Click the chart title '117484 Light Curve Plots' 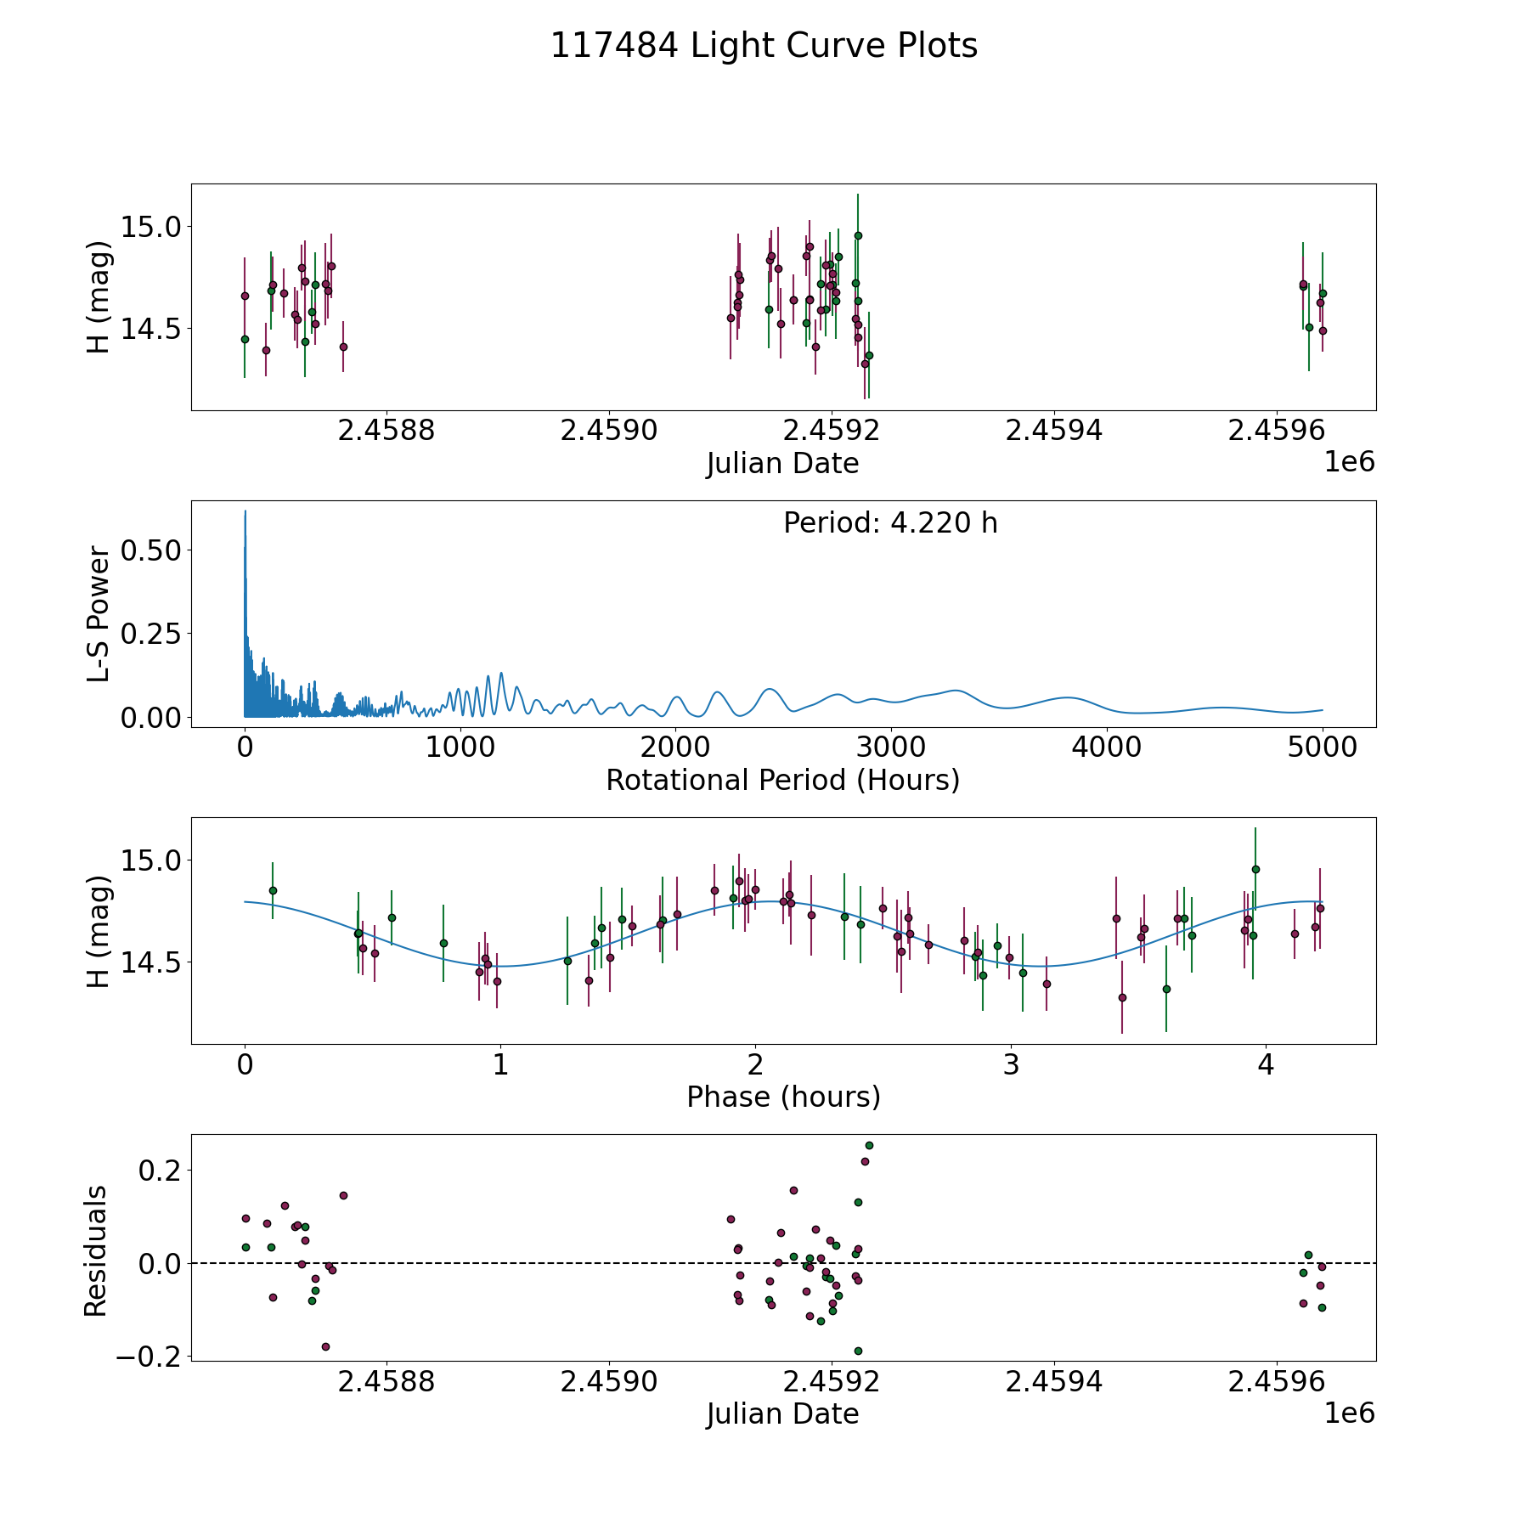tap(764, 46)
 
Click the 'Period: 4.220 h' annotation tap(890, 522)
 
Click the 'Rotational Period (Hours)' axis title tap(782, 780)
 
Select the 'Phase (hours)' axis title tap(783, 1097)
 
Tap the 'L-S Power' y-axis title tap(99, 614)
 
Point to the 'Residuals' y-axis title tap(96, 1251)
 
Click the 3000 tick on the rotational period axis tap(891, 748)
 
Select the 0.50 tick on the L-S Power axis tap(151, 550)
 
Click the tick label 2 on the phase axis tap(755, 1065)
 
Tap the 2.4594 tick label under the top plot tap(1053, 431)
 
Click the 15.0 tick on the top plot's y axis tap(151, 227)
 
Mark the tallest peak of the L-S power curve tap(245, 512)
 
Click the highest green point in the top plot tap(858, 235)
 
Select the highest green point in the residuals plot tap(869, 1145)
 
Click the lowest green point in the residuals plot tap(858, 1351)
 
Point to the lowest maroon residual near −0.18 tap(325, 1346)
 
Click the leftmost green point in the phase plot tap(273, 890)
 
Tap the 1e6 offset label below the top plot tap(1349, 462)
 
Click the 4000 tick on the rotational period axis tap(1107, 748)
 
